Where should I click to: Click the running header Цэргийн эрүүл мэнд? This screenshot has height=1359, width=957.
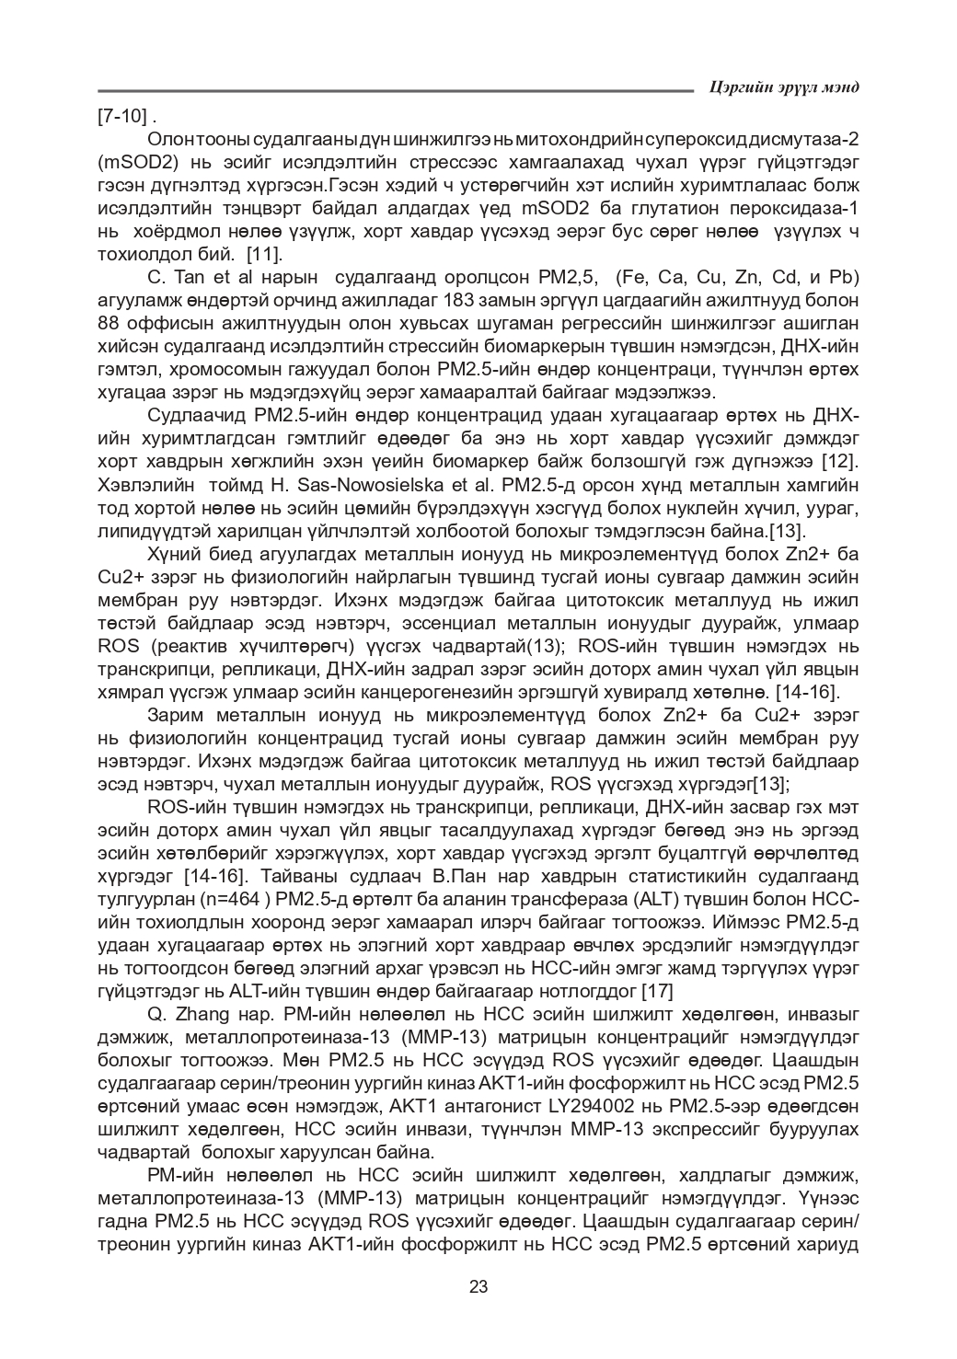tap(785, 87)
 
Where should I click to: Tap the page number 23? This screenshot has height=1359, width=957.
tap(478, 1286)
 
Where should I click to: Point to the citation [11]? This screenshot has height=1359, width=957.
tap(266, 254)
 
